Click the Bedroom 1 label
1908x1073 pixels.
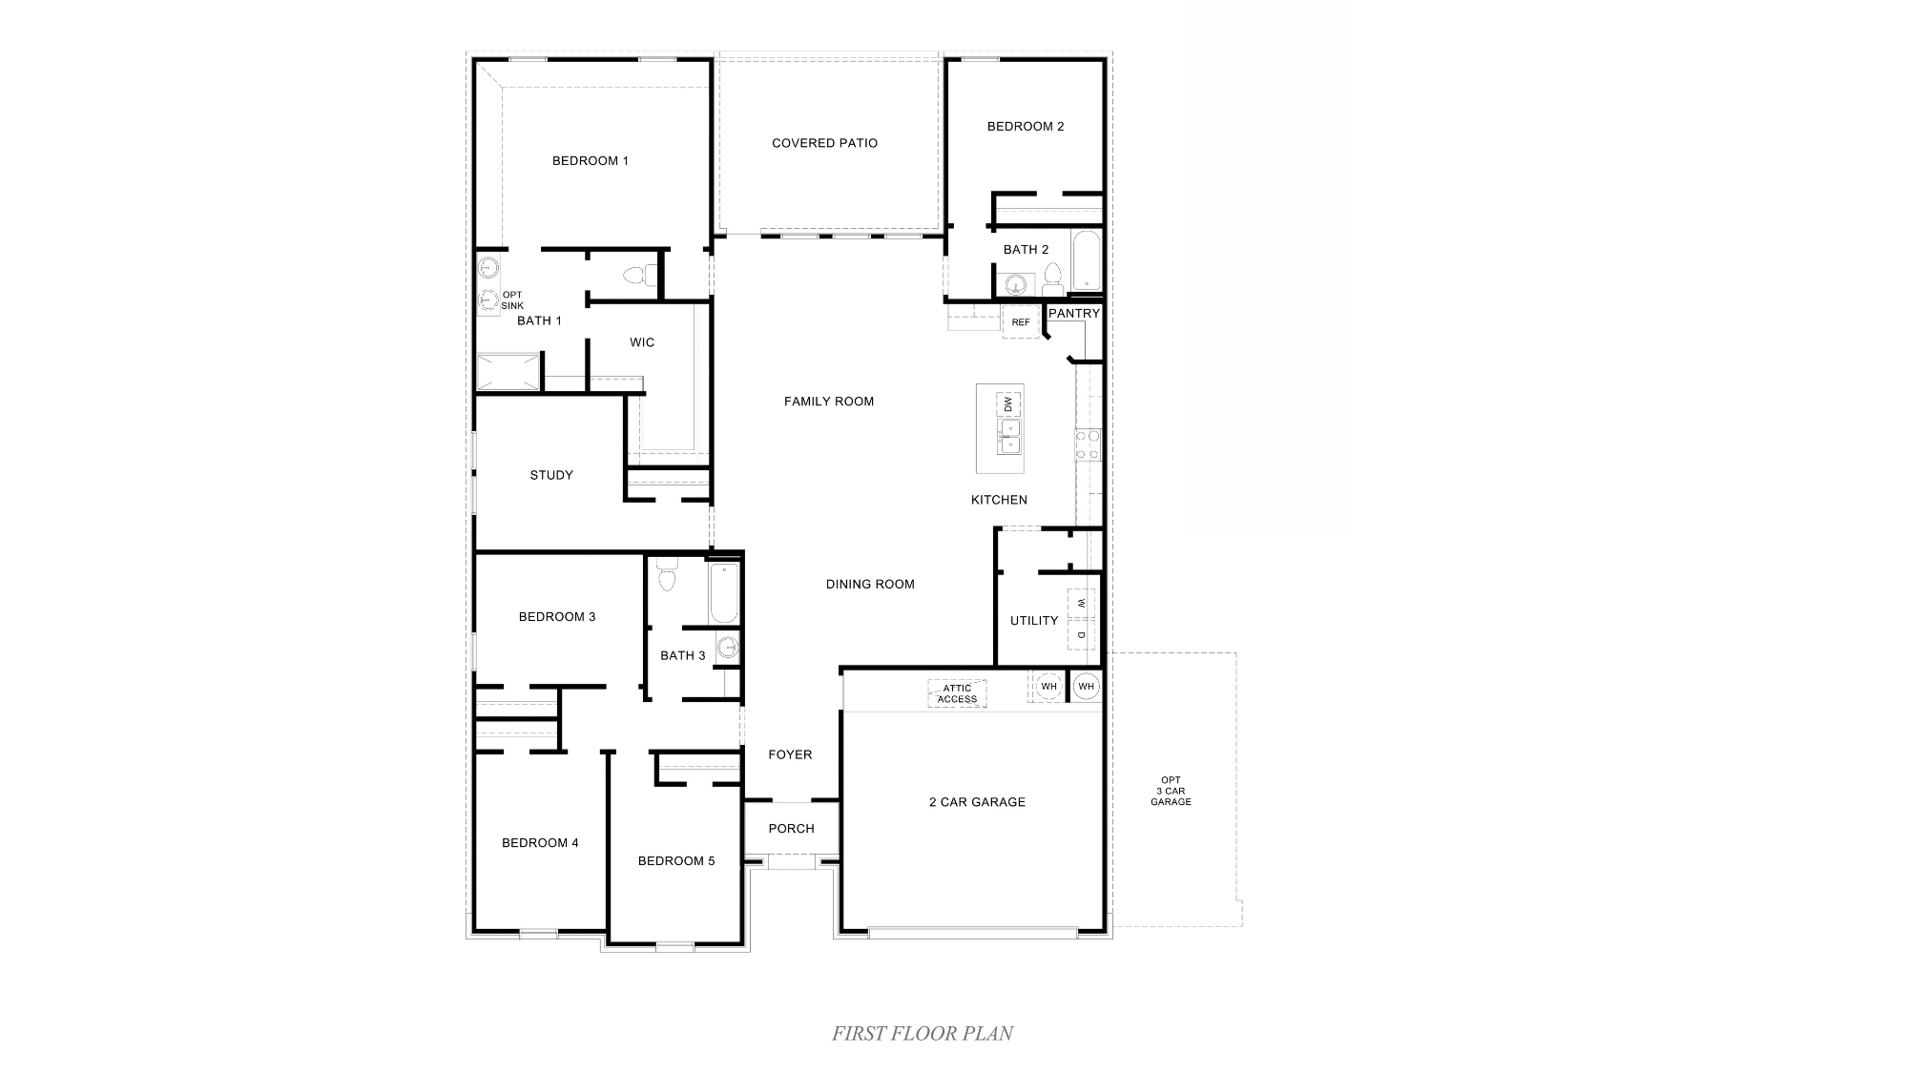coord(590,161)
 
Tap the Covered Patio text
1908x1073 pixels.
coord(824,143)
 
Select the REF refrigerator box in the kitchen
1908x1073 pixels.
coord(1021,322)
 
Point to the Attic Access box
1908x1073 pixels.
coord(957,693)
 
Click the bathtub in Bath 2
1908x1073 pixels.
coord(1086,260)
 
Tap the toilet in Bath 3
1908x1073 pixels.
coord(667,576)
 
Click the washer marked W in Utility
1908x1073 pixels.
coord(1081,604)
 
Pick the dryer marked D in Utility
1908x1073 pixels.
coord(1081,634)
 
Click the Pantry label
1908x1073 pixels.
coord(1074,313)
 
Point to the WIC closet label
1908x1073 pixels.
coord(642,342)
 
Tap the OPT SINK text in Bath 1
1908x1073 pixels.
coord(512,300)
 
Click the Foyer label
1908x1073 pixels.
coord(790,754)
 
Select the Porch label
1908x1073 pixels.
coord(791,829)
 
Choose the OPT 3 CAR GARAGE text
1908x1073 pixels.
coord(1171,791)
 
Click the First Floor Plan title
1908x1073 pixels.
coord(922,1033)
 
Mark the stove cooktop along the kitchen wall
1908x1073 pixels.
coord(1089,444)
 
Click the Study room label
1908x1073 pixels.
coord(551,475)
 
